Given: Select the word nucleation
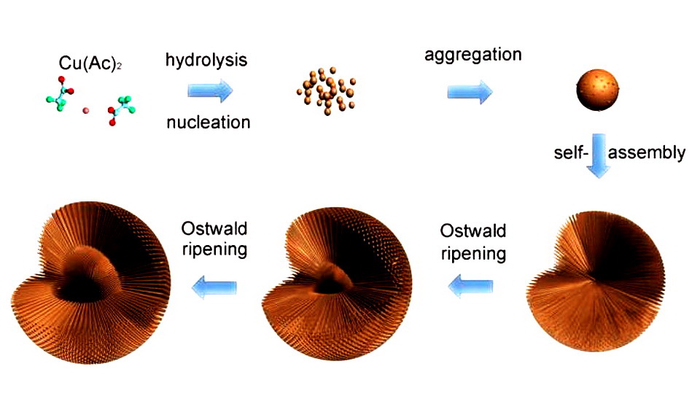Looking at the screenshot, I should (208, 122).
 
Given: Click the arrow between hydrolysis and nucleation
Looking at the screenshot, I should (210, 90).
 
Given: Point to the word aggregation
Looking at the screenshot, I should (463, 55).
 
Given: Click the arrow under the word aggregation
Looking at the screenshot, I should (470, 92).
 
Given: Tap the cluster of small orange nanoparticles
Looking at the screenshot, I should (326, 93).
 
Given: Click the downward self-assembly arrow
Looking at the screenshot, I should (599, 155).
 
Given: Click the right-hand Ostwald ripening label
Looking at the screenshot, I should (472, 243).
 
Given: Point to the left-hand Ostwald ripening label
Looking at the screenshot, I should (214, 238).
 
